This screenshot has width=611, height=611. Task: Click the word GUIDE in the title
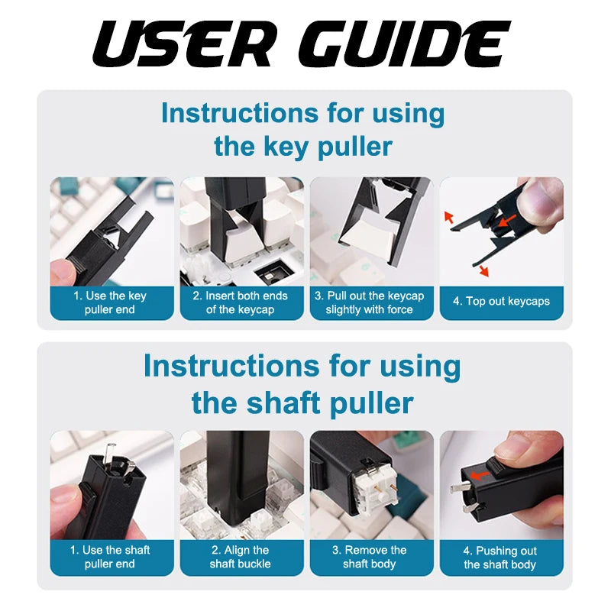click(405, 44)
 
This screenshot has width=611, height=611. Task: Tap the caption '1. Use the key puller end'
click(110, 302)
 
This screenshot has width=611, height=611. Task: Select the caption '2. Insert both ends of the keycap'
click(241, 302)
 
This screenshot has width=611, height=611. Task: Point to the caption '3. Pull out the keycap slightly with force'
click(370, 302)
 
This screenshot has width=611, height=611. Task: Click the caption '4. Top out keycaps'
click(501, 301)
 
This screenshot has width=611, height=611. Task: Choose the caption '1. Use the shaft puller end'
click(110, 557)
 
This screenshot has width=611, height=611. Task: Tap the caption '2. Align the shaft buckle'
click(241, 557)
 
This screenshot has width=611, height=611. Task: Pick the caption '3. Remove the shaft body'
click(370, 557)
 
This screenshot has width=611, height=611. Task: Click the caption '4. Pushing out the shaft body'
click(500, 558)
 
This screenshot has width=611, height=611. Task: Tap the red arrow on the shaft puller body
click(480, 475)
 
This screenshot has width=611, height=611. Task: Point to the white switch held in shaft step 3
click(374, 487)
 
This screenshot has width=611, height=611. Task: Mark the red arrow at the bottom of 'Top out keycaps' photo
click(483, 270)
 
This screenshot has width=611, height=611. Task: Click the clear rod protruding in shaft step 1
click(110, 451)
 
